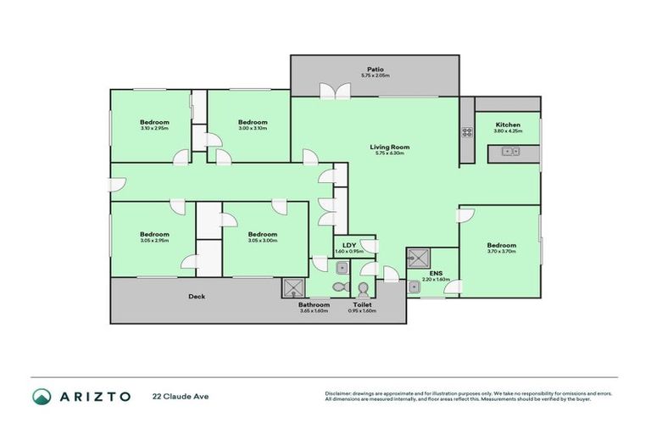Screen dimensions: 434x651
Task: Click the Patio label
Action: point(376,69)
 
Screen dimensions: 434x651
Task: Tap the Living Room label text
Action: point(387,147)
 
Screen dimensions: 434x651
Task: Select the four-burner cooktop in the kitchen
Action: point(466,131)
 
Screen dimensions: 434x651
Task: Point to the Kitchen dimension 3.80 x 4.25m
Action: point(509,131)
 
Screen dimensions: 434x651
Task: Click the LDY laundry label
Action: point(348,245)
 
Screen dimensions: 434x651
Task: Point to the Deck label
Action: point(197,297)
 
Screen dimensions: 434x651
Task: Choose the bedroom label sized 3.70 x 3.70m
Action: point(502,245)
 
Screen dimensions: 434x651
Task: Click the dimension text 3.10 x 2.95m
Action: point(154,129)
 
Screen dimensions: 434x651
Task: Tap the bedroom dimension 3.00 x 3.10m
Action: point(253,129)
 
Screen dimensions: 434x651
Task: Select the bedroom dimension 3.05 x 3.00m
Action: point(263,241)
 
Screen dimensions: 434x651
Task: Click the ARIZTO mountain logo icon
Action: point(41,396)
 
